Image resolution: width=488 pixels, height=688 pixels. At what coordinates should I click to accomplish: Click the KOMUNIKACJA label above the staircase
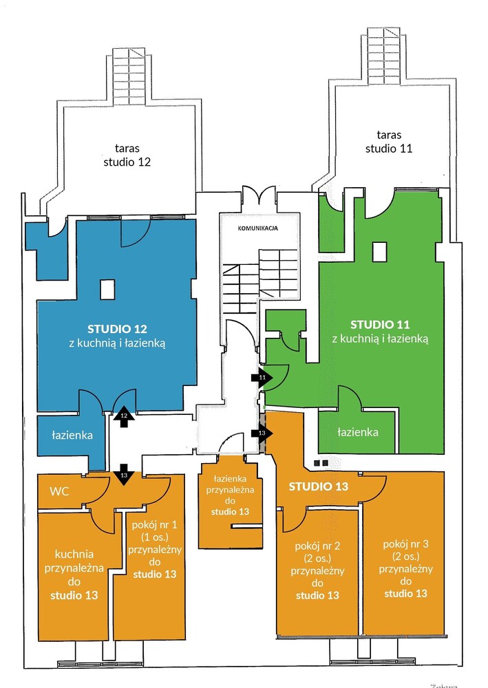(x=257, y=228)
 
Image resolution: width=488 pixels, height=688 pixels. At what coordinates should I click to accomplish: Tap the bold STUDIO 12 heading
(x=117, y=329)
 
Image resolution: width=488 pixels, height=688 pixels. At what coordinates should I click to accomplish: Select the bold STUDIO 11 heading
(x=380, y=325)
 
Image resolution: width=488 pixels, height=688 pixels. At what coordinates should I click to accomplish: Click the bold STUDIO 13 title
(x=319, y=486)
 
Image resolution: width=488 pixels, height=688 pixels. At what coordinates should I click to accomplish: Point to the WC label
(x=59, y=491)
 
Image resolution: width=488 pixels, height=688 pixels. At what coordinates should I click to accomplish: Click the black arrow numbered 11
(x=262, y=377)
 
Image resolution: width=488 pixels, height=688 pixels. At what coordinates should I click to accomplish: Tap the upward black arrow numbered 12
(x=124, y=416)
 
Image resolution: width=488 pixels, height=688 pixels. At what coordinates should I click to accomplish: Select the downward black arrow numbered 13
(x=124, y=475)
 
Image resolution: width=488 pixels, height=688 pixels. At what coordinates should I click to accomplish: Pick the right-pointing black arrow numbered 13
(x=262, y=433)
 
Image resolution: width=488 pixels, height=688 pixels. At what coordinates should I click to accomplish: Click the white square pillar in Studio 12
(x=107, y=290)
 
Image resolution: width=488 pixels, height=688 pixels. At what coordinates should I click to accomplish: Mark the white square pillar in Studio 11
(x=380, y=252)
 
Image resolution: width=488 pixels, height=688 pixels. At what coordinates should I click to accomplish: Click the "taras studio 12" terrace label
(x=127, y=155)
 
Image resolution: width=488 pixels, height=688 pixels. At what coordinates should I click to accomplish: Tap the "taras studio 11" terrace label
(x=389, y=142)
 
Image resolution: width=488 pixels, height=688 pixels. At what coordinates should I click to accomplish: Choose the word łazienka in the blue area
(x=72, y=435)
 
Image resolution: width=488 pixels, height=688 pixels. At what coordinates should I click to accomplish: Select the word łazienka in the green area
(x=358, y=432)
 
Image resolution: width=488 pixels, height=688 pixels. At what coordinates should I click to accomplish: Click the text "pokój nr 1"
(x=154, y=525)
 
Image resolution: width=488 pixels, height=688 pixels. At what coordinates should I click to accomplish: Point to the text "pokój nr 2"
(x=317, y=546)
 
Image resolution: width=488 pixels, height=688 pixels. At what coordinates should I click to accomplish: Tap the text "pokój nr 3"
(x=405, y=544)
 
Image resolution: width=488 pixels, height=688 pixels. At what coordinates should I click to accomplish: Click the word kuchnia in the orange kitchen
(x=74, y=554)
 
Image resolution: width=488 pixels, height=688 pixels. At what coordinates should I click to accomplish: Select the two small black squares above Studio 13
(x=321, y=463)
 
